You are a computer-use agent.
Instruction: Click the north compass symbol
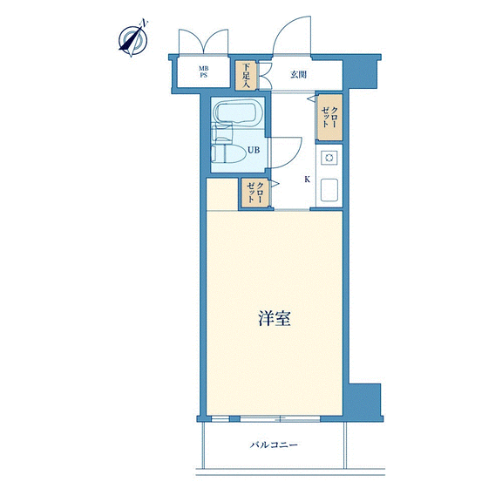point(133,39)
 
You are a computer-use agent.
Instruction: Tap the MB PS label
point(203,71)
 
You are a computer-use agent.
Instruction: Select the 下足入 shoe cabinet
point(246,76)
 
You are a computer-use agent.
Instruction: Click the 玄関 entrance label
point(298,75)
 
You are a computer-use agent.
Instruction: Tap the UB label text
point(254,150)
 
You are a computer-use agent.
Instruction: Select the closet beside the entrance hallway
point(329,117)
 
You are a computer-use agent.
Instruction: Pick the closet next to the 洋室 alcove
point(255,193)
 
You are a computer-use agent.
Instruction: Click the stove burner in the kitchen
point(329,158)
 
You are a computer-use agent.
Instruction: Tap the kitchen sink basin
point(329,190)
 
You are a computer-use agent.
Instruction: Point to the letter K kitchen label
point(308,180)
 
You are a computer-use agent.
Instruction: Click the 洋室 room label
point(275,318)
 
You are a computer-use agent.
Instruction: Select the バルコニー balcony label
point(274,444)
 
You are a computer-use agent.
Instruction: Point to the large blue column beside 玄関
point(361,73)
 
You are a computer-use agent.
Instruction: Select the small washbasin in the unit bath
point(221,132)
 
